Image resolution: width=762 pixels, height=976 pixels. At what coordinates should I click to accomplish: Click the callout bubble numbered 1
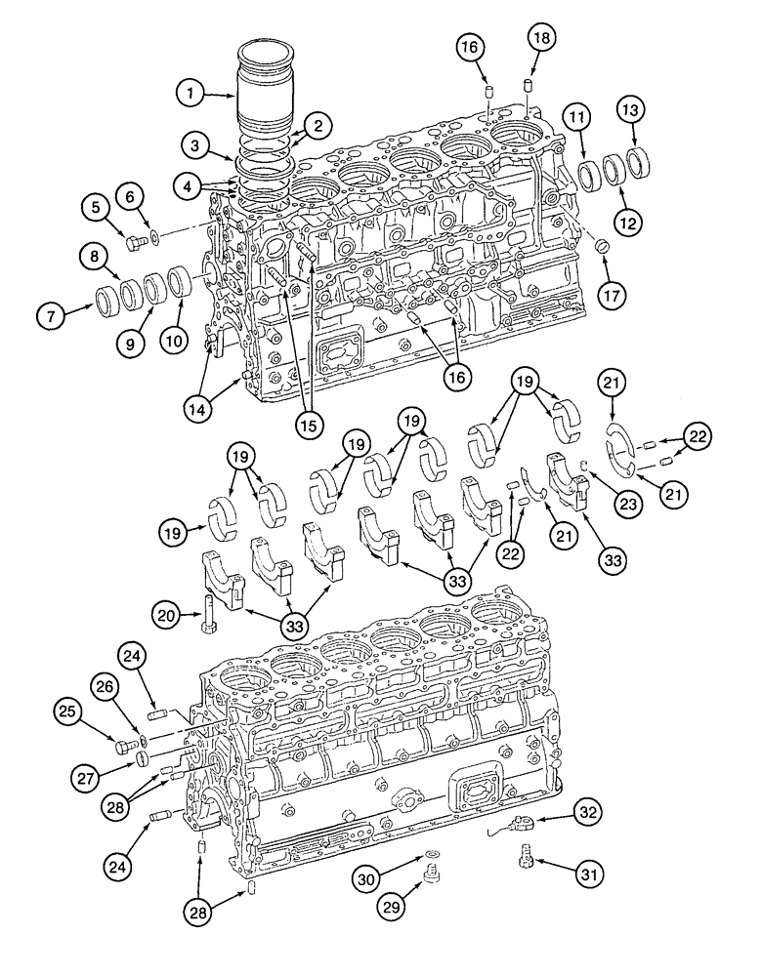[192, 94]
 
